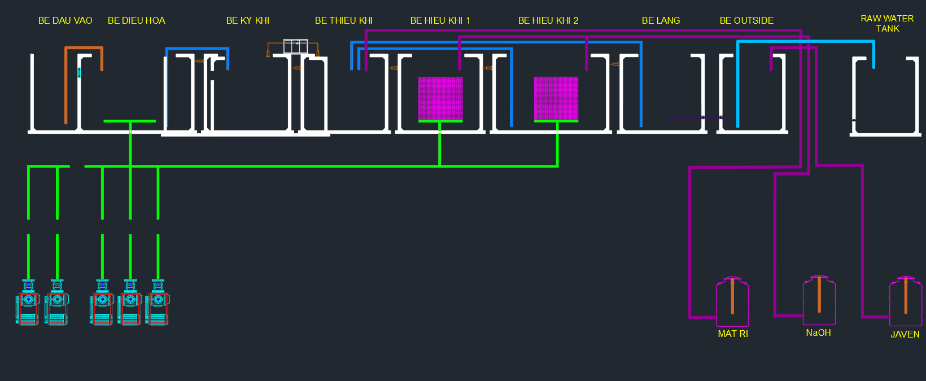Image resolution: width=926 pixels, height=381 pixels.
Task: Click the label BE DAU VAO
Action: (65, 21)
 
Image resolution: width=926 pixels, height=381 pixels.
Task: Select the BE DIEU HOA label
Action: (137, 21)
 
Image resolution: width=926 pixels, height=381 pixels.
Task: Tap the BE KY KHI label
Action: (248, 21)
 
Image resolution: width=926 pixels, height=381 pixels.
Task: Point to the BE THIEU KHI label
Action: (343, 21)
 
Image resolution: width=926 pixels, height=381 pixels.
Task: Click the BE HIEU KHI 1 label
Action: (440, 21)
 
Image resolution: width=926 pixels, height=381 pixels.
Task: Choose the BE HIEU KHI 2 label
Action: (548, 21)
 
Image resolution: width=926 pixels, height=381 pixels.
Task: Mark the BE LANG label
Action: (661, 21)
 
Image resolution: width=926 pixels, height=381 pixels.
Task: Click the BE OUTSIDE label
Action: (746, 21)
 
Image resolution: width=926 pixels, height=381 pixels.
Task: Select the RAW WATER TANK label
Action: (887, 24)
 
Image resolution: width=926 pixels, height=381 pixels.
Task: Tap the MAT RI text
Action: (733, 334)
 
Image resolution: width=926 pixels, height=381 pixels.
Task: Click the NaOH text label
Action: (819, 332)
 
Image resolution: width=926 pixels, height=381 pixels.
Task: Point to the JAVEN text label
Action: (905, 334)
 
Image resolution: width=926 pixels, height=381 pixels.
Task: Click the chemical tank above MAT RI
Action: (732, 301)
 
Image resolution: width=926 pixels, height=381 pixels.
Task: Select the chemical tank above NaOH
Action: (819, 300)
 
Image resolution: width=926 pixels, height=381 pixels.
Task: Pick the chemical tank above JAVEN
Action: (906, 301)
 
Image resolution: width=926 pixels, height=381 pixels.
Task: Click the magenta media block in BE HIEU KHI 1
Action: (440, 98)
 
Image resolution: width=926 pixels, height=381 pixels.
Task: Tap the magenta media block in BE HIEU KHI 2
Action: (556, 98)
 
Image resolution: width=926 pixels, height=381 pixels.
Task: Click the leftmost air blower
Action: (28, 302)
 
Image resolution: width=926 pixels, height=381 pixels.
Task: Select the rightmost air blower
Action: (158, 302)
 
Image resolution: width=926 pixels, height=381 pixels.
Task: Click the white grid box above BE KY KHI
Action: (295, 46)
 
